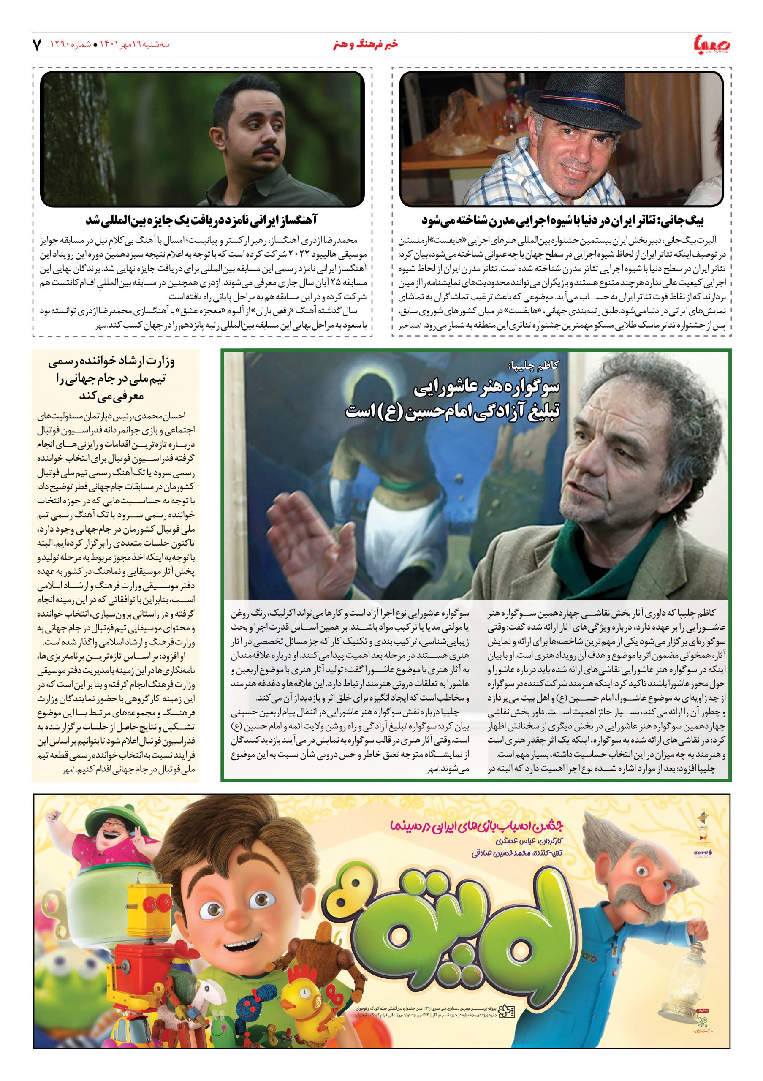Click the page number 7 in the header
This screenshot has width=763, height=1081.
[37, 45]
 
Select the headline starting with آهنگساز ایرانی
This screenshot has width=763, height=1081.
[202, 220]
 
